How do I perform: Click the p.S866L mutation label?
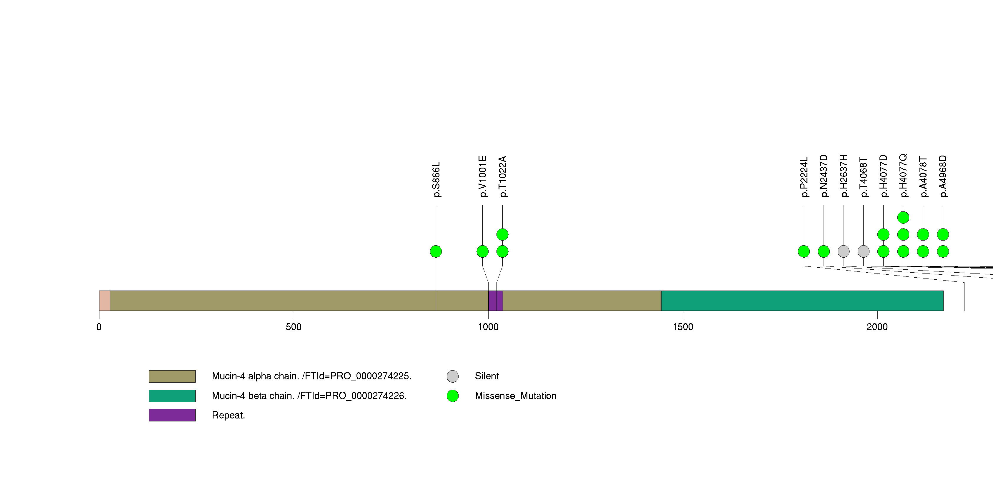436,179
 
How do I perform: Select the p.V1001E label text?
483,176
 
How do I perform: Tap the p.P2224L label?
804,177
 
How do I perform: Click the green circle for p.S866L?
436,251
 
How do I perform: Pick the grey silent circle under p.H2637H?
844,251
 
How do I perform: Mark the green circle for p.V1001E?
483,251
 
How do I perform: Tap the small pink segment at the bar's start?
104,301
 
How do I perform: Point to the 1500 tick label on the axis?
683,327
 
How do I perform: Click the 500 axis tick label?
294,327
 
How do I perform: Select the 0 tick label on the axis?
99,327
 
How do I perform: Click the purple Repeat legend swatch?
172,415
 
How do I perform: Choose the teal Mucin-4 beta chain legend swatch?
172,396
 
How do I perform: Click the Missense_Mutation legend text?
515,396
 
